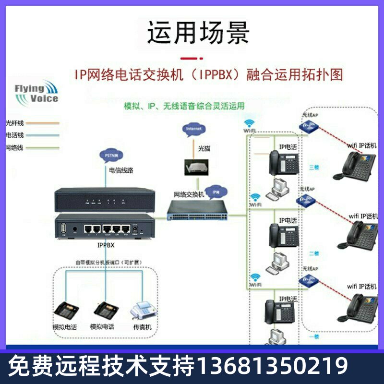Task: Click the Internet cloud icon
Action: click(x=193, y=129)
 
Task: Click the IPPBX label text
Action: click(x=106, y=244)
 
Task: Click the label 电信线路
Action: click(x=121, y=170)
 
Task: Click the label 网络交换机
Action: click(x=189, y=194)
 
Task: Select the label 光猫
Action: click(x=204, y=148)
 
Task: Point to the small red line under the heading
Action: click(x=197, y=59)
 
